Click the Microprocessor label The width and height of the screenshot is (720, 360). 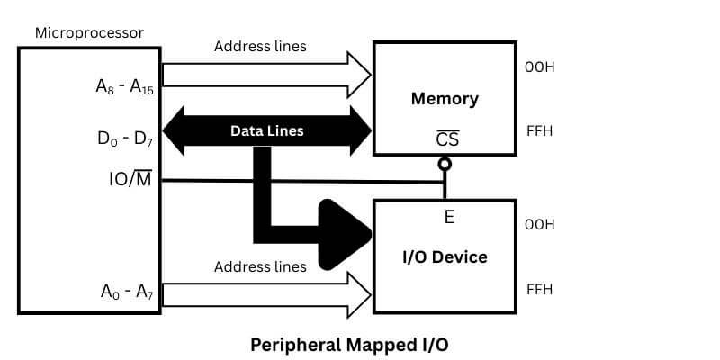[89, 33]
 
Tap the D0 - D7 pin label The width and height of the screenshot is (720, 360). [124, 139]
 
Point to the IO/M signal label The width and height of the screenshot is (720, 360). [130, 180]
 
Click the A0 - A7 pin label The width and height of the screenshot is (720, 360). [124, 292]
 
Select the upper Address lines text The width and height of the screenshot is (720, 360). [260, 47]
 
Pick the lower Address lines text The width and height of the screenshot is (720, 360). [260, 266]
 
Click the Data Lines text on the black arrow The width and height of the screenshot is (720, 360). [266, 130]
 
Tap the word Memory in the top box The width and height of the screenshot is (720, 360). [445, 98]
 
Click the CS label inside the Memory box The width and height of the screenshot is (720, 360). [446, 139]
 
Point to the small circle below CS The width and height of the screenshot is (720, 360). [445, 165]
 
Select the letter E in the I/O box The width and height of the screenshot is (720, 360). [449, 217]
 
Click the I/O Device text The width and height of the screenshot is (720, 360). [445, 257]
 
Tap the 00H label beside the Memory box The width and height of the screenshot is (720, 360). [540, 67]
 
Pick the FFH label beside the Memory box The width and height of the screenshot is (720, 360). [539, 131]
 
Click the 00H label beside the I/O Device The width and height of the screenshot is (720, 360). [540, 224]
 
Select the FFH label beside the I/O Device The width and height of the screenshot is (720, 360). [539, 289]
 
